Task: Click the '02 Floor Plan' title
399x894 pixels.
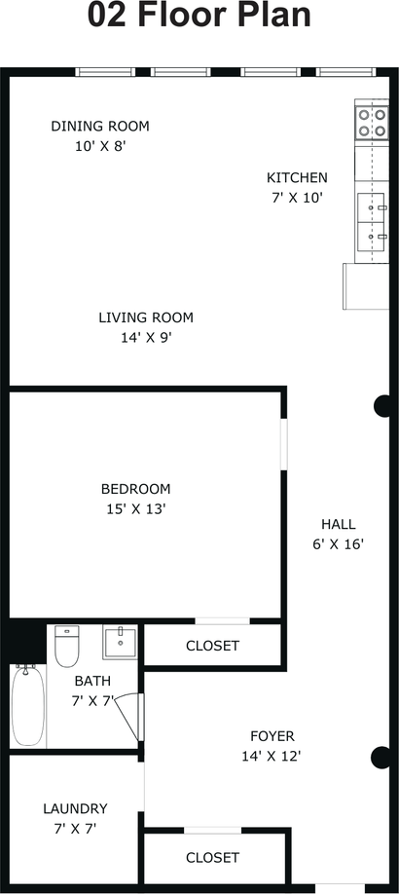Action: point(199,16)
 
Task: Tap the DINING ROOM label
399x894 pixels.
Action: point(100,126)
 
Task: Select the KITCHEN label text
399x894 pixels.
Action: point(297,178)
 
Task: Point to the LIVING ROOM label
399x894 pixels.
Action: point(146,317)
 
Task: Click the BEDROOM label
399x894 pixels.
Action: point(135,489)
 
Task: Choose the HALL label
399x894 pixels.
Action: point(338,524)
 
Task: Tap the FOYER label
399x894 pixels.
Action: point(272,736)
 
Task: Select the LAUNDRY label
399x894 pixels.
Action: point(75,808)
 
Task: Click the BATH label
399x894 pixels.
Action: point(92,681)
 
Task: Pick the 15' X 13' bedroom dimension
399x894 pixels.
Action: point(135,509)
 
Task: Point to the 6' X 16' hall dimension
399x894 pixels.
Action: point(338,544)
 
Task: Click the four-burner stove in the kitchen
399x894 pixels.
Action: point(372,123)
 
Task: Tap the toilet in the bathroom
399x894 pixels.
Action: point(67,646)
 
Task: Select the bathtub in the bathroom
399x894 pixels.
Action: point(28,705)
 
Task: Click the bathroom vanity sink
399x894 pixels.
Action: point(121,642)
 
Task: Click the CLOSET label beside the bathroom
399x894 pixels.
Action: point(212,646)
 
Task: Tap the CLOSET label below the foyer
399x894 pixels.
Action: point(212,858)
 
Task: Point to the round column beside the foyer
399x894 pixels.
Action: point(381,757)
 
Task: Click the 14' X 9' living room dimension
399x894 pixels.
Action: point(146,338)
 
